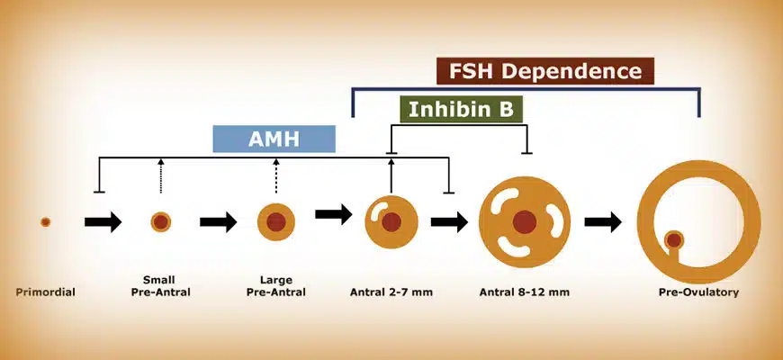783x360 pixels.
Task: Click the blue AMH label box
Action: click(274, 139)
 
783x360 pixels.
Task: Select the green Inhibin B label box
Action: click(461, 109)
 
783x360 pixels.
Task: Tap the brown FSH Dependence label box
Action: click(545, 71)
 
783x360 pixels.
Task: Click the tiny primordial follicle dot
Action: click(45, 221)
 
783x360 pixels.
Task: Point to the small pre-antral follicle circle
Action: click(161, 221)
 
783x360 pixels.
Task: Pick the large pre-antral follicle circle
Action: click(276, 221)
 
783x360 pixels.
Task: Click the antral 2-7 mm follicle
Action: click(391, 221)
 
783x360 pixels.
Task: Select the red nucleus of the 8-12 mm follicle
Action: click(525, 221)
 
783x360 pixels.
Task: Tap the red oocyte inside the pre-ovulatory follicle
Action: click(674, 240)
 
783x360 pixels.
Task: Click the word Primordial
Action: click(45, 292)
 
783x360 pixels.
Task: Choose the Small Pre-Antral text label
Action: click(161, 286)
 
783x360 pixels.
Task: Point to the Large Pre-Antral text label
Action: click(276, 286)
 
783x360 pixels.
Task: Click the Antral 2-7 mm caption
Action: click(391, 292)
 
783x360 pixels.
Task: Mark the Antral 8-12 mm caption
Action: click(525, 292)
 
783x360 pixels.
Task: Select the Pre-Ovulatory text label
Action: click(698, 292)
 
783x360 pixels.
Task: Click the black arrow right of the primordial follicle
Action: click(103, 221)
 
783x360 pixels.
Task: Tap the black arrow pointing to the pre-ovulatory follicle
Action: click(603, 221)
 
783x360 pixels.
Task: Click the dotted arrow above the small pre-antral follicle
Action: click(161, 175)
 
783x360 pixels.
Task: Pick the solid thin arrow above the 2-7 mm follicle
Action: click(391, 175)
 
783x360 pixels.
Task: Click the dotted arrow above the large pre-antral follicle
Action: click(276, 175)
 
